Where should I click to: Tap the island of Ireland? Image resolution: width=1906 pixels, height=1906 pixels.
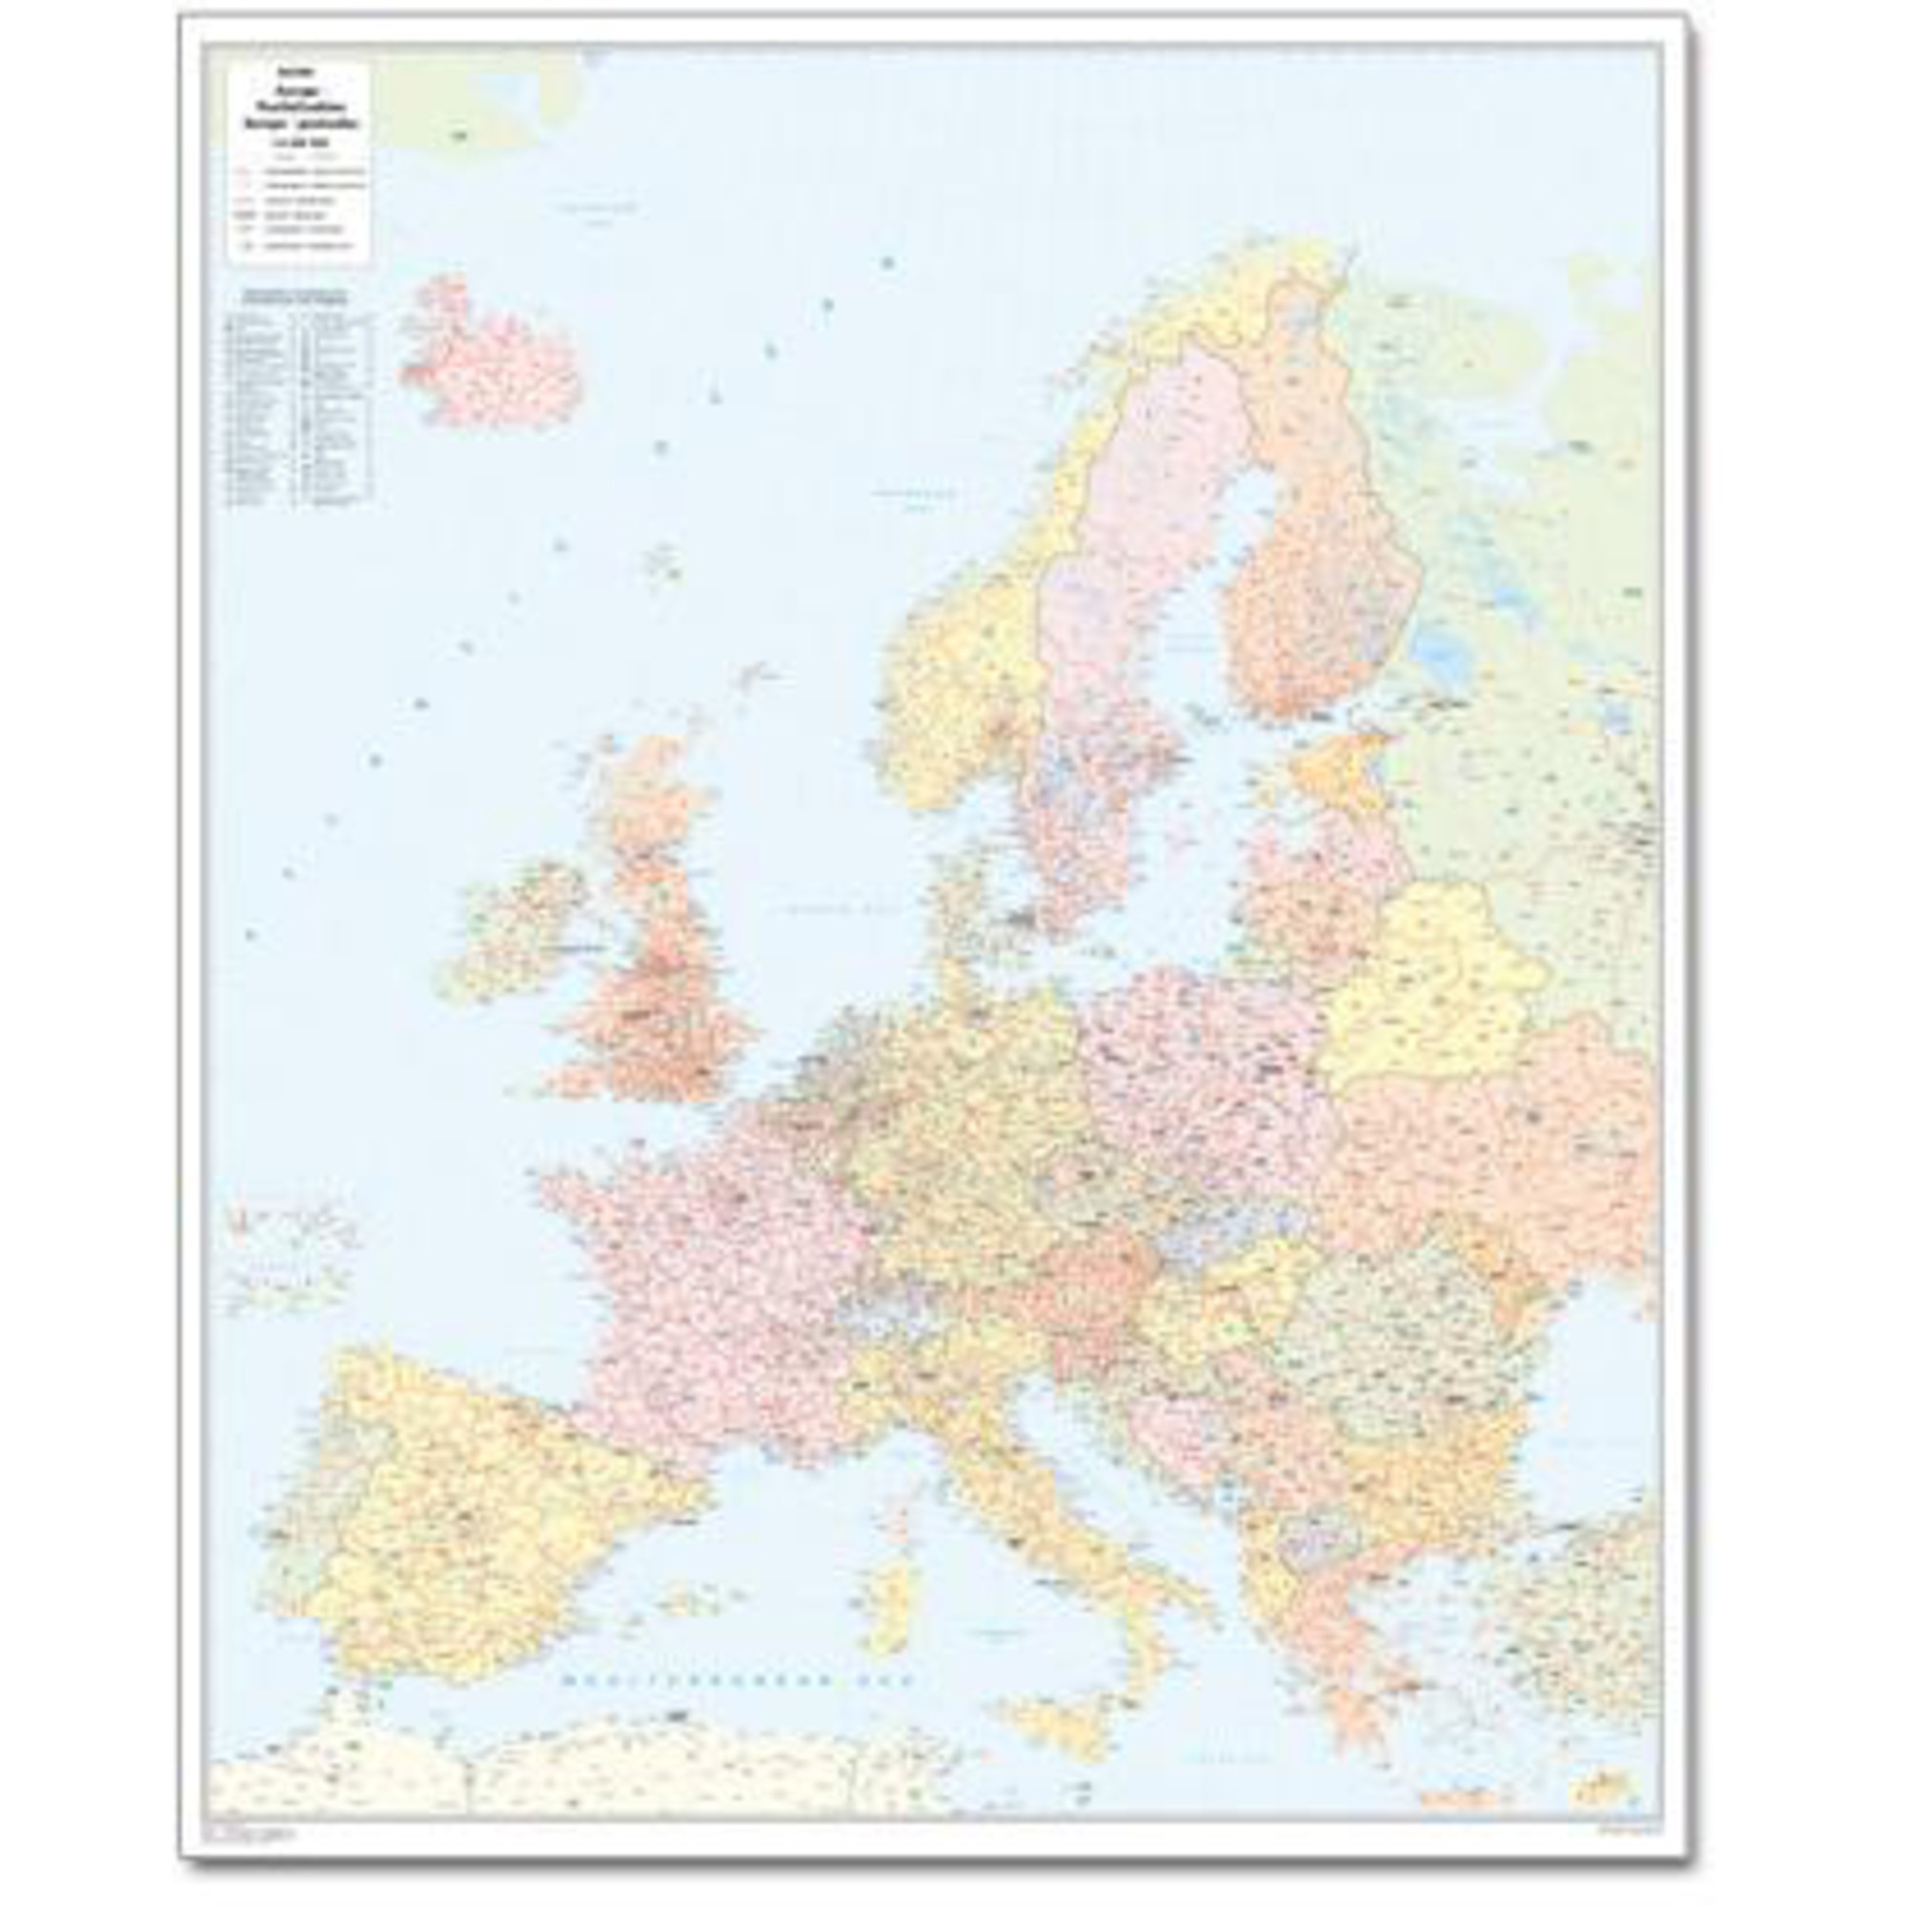point(503,932)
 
